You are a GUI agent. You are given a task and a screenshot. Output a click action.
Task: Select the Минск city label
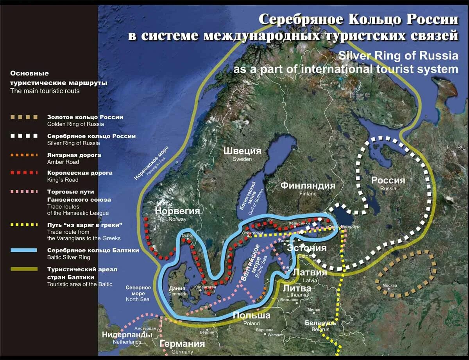click(x=314, y=310)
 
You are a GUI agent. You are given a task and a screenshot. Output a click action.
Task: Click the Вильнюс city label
click(x=290, y=300)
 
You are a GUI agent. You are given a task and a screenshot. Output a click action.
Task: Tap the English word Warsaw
click(x=275, y=335)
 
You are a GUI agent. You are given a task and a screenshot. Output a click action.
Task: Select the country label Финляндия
click(x=308, y=186)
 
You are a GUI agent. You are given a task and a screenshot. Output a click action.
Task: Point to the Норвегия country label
click(x=177, y=211)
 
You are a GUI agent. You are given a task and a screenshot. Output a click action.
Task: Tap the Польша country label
click(x=251, y=315)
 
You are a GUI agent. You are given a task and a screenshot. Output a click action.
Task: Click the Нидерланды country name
click(x=127, y=335)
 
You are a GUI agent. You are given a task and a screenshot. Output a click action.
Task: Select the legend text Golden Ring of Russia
click(x=75, y=124)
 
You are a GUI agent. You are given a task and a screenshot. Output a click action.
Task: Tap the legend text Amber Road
click(x=63, y=162)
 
